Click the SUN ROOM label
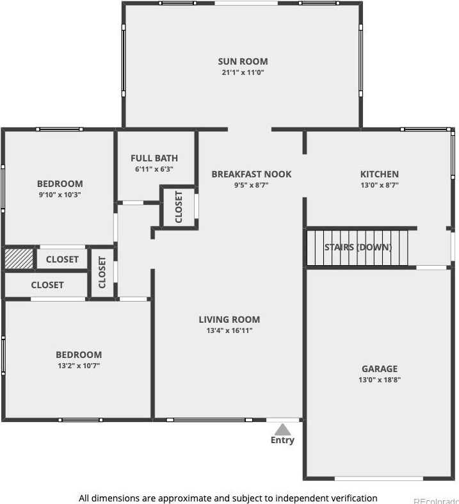tap(243, 61)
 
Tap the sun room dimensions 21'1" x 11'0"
tap(243, 72)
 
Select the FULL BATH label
tap(154, 158)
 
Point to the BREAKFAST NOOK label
tap(252, 174)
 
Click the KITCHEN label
tap(379, 174)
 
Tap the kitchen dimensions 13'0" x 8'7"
tap(379, 185)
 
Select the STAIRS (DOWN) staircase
tap(357, 248)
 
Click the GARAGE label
tap(380, 369)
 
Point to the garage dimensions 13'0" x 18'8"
tap(380, 380)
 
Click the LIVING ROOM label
tap(229, 320)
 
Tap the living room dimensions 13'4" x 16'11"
tap(229, 330)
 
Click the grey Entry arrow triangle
tap(282, 428)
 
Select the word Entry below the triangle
tap(282, 440)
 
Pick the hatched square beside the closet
tap(19, 259)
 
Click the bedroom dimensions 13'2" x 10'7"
tap(79, 366)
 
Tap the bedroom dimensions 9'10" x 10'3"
tap(60, 195)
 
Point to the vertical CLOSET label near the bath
tap(179, 206)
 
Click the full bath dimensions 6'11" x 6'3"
tap(154, 169)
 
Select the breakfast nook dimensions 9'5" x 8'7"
tap(252, 185)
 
